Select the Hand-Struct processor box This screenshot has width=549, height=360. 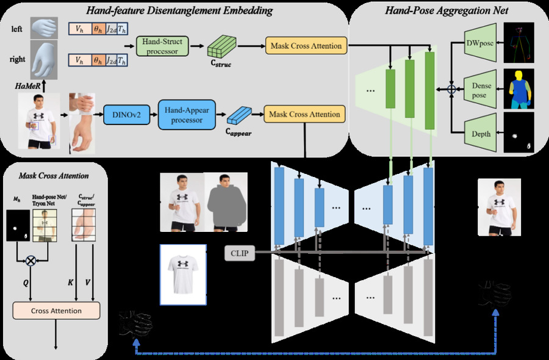(163, 46)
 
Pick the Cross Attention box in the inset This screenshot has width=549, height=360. (57, 311)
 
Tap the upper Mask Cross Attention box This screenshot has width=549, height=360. (303, 46)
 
